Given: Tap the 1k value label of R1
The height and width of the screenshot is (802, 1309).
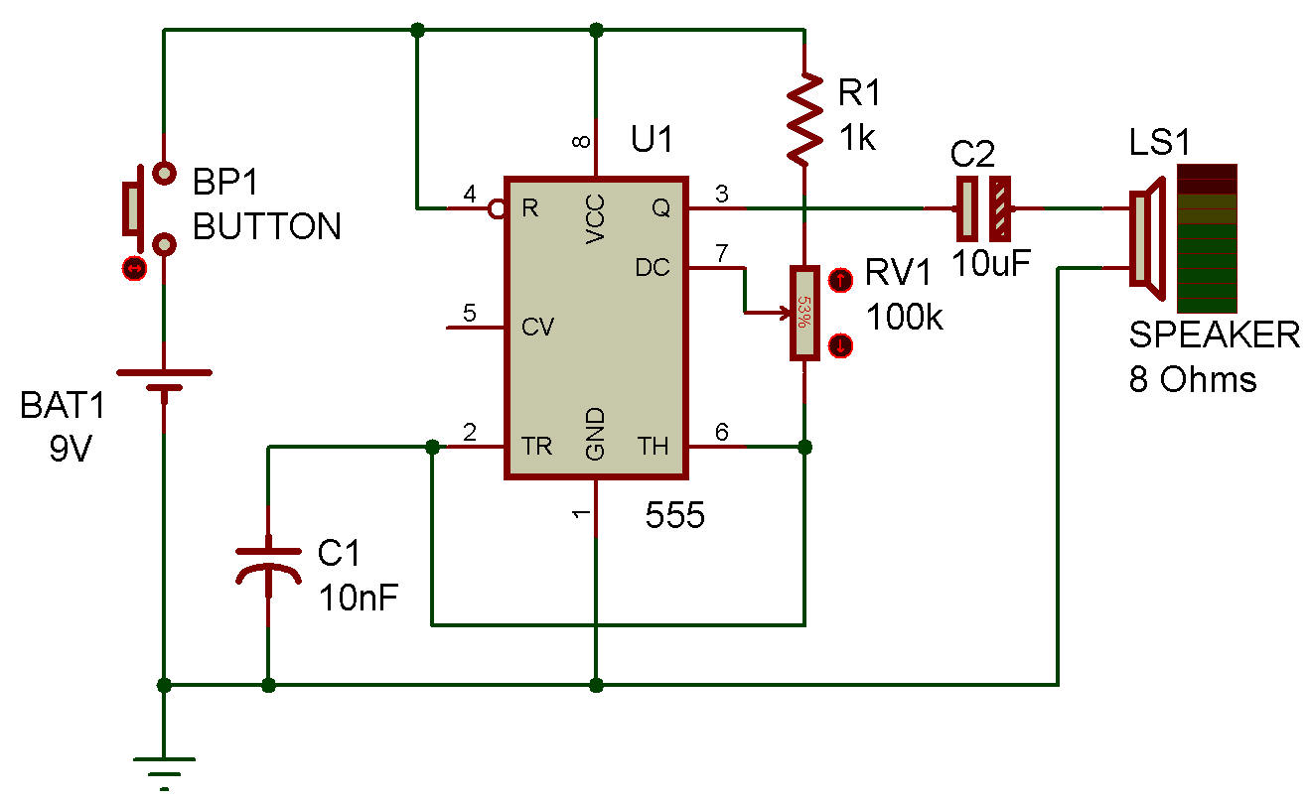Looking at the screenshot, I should [858, 138].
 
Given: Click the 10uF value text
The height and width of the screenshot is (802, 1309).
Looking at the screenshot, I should [991, 263].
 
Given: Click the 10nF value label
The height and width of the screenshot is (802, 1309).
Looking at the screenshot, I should [359, 598].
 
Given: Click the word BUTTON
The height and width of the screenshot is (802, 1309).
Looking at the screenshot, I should [266, 227].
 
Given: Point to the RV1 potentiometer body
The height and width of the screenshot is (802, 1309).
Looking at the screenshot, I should [804, 313].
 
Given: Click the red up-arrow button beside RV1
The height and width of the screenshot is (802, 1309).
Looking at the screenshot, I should [839, 280].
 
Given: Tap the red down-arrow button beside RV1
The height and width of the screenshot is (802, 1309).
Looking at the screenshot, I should [839, 345].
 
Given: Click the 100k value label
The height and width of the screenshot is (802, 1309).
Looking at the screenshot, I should [905, 318].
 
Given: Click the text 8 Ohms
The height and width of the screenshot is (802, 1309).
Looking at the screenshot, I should [1192, 379].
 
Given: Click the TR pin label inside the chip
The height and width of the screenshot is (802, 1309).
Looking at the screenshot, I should [536, 448].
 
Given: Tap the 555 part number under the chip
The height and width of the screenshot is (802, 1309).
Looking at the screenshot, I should [675, 515].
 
